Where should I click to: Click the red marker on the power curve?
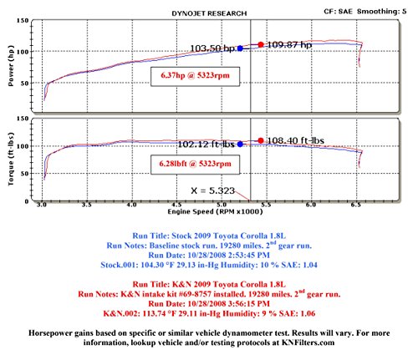[x=261, y=44]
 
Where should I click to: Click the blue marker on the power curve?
[x=240, y=48]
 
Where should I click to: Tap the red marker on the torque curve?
[x=261, y=140]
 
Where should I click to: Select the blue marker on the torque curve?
[x=240, y=145]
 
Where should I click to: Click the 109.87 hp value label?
[x=289, y=45]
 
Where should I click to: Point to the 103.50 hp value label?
[x=212, y=48]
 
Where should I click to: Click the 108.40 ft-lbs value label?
[x=295, y=140]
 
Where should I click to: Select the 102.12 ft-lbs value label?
[x=206, y=145]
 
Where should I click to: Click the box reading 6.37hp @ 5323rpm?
[x=195, y=76]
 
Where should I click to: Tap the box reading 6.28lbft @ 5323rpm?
[x=195, y=165]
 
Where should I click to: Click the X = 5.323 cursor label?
[x=213, y=190]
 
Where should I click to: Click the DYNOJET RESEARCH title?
[x=209, y=13]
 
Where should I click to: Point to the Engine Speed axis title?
[x=215, y=212]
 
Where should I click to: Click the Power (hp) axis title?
[x=11, y=66]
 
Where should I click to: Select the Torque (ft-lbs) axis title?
[x=11, y=159]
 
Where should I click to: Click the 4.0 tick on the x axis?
[x=132, y=205]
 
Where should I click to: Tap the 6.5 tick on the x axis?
[x=356, y=205]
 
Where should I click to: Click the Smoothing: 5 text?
[x=382, y=12]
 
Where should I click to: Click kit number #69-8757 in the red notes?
[x=194, y=294]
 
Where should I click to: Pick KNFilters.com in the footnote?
[x=308, y=342]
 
